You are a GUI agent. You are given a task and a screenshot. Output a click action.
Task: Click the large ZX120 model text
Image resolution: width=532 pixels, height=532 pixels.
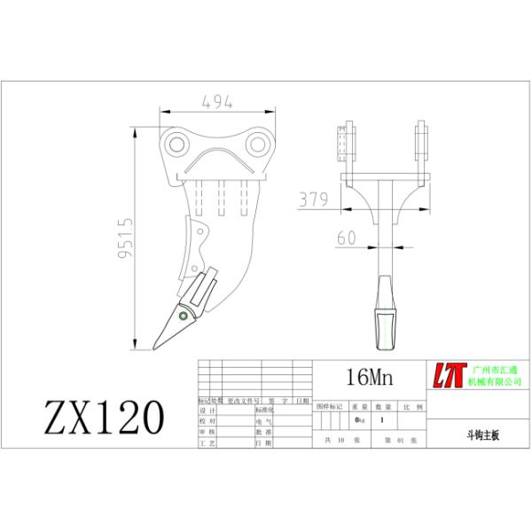pyautogui.click(x=105, y=415)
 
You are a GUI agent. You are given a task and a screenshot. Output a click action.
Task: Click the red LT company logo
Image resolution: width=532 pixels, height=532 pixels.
pyautogui.click(x=450, y=376)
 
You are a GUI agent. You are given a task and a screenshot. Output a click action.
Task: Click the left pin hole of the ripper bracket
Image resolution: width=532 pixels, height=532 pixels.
pyautogui.click(x=176, y=144)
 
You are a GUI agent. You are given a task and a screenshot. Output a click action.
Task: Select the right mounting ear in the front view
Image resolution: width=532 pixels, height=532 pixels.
pyautogui.click(x=420, y=143)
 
